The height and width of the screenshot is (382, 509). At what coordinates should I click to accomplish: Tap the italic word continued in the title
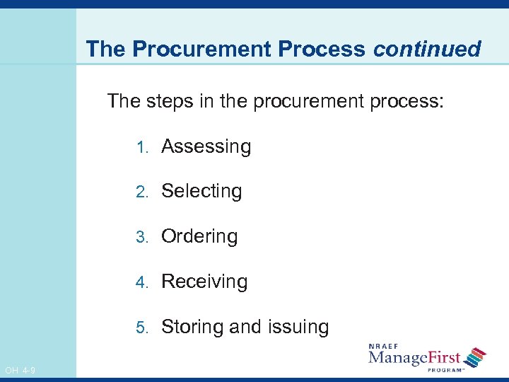pyautogui.click(x=427, y=49)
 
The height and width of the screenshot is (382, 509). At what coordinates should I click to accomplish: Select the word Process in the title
pyautogui.click(x=322, y=49)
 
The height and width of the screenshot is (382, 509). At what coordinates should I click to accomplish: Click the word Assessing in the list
pyautogui.click(x=206, y=146)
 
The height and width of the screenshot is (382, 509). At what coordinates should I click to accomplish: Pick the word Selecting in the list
pyautogui.click(x=201, y=191)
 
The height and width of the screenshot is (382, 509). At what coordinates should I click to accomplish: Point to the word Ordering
pyautogui.click(x=199, y=236)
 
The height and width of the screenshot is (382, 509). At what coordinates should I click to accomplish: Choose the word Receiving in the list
pyautogui.click(x=204, y=282)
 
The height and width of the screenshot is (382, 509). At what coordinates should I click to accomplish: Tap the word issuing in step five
pyautogui.click(x=298, y=327)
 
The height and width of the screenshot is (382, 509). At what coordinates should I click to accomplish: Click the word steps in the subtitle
pyautogui.click(x=170, y=100)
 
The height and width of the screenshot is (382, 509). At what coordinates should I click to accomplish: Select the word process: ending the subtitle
pyautogui.click(x=407, y=100)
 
